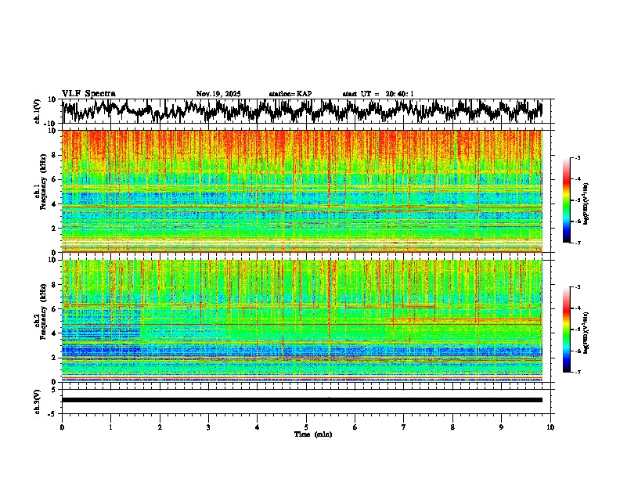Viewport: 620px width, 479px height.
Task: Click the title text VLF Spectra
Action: coord(88,93)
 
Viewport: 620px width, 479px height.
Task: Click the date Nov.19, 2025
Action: coord(218,94)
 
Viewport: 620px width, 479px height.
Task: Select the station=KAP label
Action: coord(290,94)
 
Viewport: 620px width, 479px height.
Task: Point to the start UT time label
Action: coord(378,94)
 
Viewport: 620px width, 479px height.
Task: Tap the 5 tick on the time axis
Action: coord(306,427)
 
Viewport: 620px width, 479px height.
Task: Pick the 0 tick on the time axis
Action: coord(62,427)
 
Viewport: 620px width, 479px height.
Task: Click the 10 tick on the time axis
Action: coord(551,427)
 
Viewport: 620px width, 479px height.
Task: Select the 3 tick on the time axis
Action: coord(208,427)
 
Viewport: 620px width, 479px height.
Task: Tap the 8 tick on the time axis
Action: coord(452,427)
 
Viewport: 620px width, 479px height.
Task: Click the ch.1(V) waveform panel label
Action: coord(37,112)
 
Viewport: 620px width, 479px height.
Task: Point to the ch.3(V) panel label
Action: coord(37,400)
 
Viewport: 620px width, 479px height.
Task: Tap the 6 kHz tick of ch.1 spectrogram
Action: coord(56,179)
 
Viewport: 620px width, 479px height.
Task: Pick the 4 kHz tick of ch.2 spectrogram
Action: coord(56,333)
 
